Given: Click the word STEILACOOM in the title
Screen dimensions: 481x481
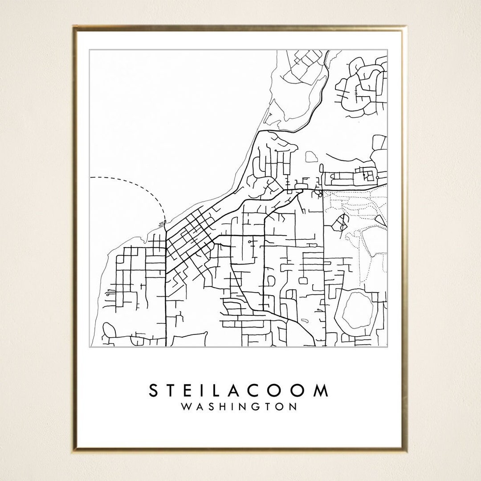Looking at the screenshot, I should coord(239,391).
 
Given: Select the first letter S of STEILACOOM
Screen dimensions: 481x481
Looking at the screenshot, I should coord(154,391).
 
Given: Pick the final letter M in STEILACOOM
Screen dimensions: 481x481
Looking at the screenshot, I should coord(320,391).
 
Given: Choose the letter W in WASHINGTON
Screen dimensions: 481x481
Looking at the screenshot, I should coord(187,407).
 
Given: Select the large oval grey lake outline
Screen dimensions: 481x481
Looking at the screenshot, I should coord(356,310).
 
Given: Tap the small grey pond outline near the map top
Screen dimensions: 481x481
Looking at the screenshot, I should coord(311,156).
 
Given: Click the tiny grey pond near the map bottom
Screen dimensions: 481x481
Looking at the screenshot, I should coord(305,320).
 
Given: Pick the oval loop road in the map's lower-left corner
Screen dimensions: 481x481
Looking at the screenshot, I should coord(109,330).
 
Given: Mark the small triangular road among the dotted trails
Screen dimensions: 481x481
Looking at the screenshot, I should coord(380,220).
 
